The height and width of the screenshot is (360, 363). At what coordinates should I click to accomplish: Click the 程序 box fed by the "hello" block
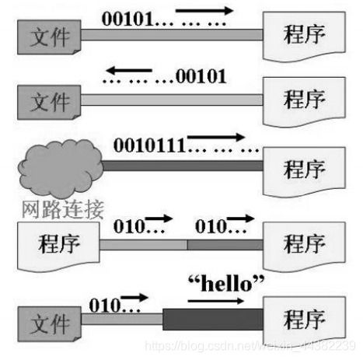coord(304,320)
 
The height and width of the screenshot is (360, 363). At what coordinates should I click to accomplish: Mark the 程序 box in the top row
coord(304,35)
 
